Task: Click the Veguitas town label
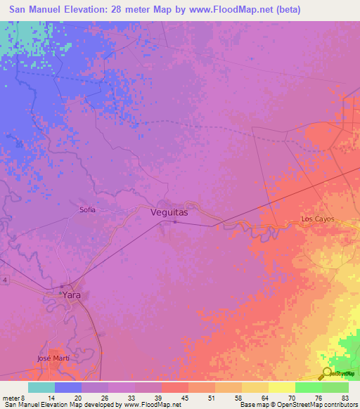[169, 211]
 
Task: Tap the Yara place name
[72, 295]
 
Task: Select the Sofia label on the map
[87, 209]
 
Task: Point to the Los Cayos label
[318, 219]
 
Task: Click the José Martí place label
[53, 358]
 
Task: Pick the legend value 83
[345, 397]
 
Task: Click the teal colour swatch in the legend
[41, 387]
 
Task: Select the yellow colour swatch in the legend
[281, 387]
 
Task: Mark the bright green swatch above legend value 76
[308, 387]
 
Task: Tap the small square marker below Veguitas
[175, 223]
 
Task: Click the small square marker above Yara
[62, 286]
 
